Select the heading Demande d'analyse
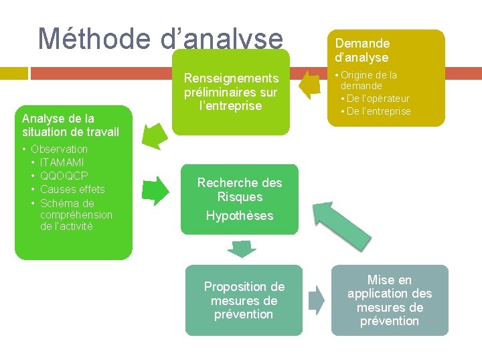point(362,50)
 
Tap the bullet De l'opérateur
point(378,99)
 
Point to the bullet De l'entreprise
point(379,111)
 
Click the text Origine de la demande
point(368,80)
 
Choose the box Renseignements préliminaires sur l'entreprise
point(232,92)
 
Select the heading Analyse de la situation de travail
point(70,125)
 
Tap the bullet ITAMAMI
point(62,162)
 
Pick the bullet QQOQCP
point(64,176)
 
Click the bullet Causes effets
point(72,189)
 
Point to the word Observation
point(60,149)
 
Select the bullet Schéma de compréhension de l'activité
point(76,215)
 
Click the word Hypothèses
point(240,216)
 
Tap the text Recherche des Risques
point(240,190)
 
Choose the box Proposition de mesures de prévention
point(244,300)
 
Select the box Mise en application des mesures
point(389,300)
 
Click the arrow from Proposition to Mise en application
point(316,298)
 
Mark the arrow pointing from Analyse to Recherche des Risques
point(157,190)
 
